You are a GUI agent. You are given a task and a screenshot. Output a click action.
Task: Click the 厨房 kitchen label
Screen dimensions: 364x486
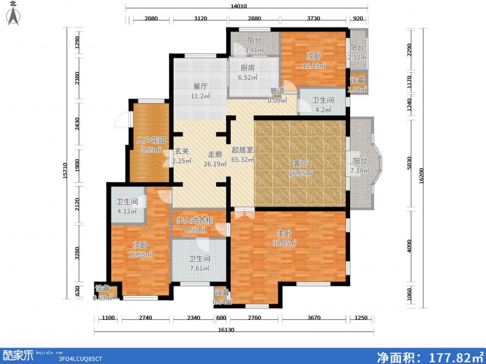247,69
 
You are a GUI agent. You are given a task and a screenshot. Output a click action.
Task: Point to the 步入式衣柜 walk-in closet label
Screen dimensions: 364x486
194,220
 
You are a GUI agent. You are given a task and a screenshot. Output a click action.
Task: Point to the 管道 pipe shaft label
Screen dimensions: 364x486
277,92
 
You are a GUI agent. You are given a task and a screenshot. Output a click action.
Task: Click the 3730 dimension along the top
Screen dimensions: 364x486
313,19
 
